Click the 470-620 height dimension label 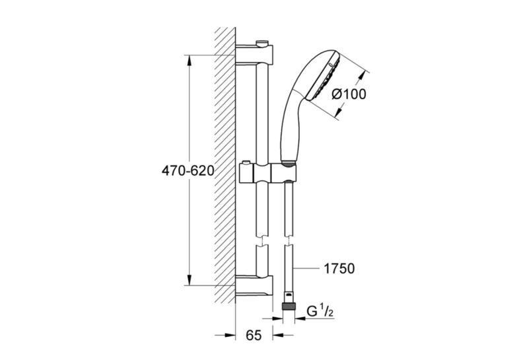(x=187, y=170)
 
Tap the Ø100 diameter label (x=349, y=94)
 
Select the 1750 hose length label (x=339, y=268)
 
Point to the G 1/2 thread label (x=320, y=311)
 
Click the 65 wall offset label (x=253, y=335)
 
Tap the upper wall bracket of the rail (x=255, y=54)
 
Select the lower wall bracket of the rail (x=255, y=287)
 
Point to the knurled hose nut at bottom (x=288, y=306)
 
